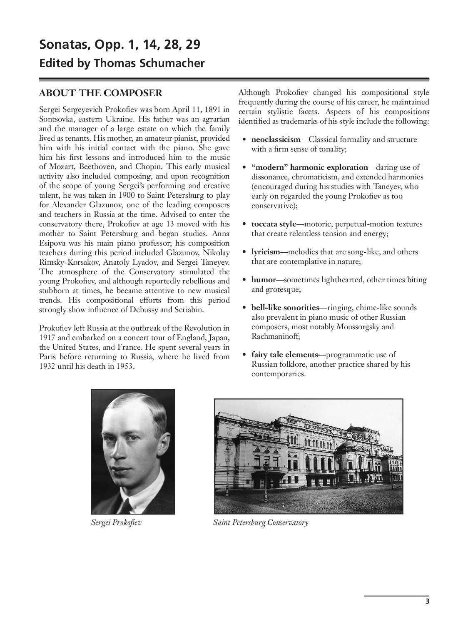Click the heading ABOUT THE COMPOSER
click(x=100, y=92)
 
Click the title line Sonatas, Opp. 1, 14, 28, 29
click(x=119, y=45)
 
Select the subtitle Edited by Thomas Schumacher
click(x=122, y=63)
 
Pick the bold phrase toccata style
click(x=274, y=224)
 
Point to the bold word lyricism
click(x=266, y=252)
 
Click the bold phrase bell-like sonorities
click(x=285, y=308)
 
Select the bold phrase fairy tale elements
click(x=284, y=355)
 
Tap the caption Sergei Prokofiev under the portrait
click(x=116, y=522)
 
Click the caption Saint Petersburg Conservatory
click(x=261, y=522)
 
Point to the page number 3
click(x=427, y=601)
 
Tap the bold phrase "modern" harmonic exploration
click(x=310, y=167)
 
